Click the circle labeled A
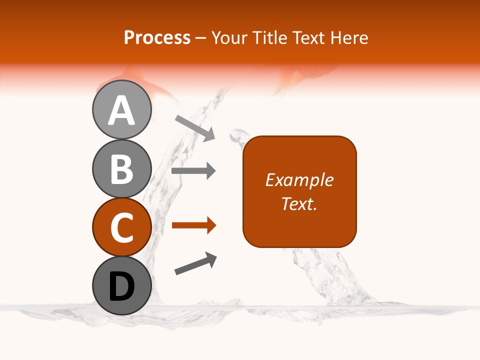[121, 110]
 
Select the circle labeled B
[121, 168]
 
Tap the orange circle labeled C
[121, 227]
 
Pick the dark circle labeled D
[121, 285]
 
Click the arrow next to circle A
[194, 127]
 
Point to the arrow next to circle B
[193, 171]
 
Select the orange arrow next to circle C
[193, 225]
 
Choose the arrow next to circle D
[195, 263]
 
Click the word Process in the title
[157, 37]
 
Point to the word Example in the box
[299, 180]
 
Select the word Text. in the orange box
[299, 203]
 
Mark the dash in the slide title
[200, 38]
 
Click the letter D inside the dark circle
[121, 286]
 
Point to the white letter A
[121, 110]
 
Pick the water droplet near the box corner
[237, 134]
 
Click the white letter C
[121, 227]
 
